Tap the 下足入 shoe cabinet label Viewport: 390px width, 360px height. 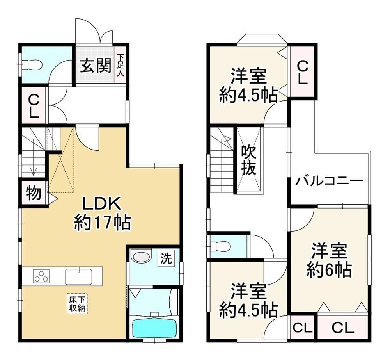click(x=121, y=65)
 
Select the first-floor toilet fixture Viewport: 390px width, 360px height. click(x=31, y=65)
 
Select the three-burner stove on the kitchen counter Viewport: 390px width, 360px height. click(x=41, y=276)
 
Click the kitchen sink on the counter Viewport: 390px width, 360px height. click(x=78, y=276)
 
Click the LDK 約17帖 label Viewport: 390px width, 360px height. click(x=102, y=213)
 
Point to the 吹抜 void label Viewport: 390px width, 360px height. click(x=249, y=160)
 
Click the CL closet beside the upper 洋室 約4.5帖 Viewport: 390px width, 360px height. click(x=303, y=72)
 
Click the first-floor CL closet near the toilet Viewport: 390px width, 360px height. click(x=34, y=105)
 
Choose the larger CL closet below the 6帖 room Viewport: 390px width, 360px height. click(x=343, y=327)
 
